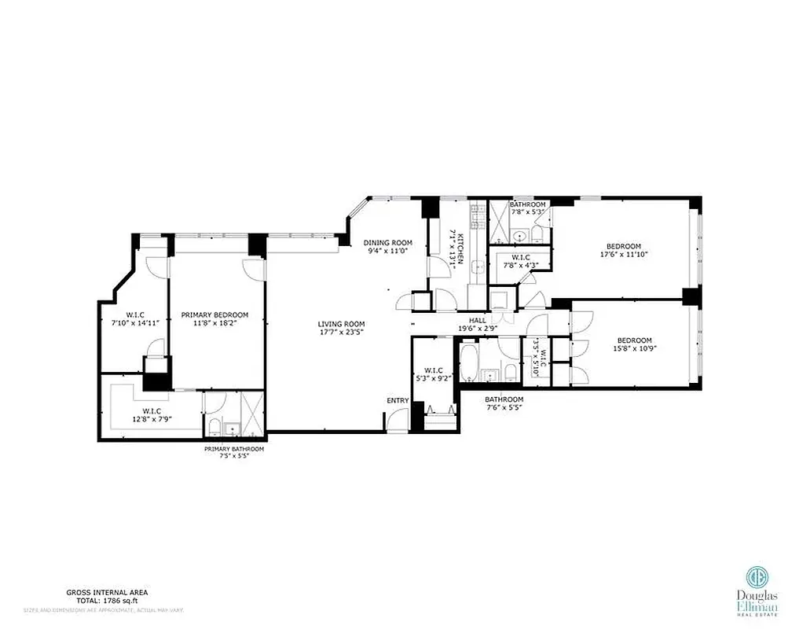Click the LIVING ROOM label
pyautogui.click(x=341, y=324)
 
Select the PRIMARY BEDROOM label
pyautogui.click(x=214, y=314)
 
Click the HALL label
pyautogui.click(x=478, y=321)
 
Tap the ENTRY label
pyautogui.click(x=398, y=401)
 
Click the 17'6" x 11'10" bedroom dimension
pyautogui.click(x=622, y=254)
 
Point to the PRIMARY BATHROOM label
pyautogui.click(x=234, y=449)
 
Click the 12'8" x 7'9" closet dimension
pyautogui.click(x=152, y=419)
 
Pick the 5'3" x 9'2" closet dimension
pyautogui.click(x=434, y=378)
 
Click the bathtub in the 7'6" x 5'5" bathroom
pyautogui.click(x=468, y=359)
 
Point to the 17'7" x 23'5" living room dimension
pyautogui.click(x=341, y=332)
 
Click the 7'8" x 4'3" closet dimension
pyautogui.click(x=520, y=265)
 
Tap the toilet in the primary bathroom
pyautogui.click(x=213, y=426)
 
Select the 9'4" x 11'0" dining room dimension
pyautogui.click(x=387, y=251)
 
